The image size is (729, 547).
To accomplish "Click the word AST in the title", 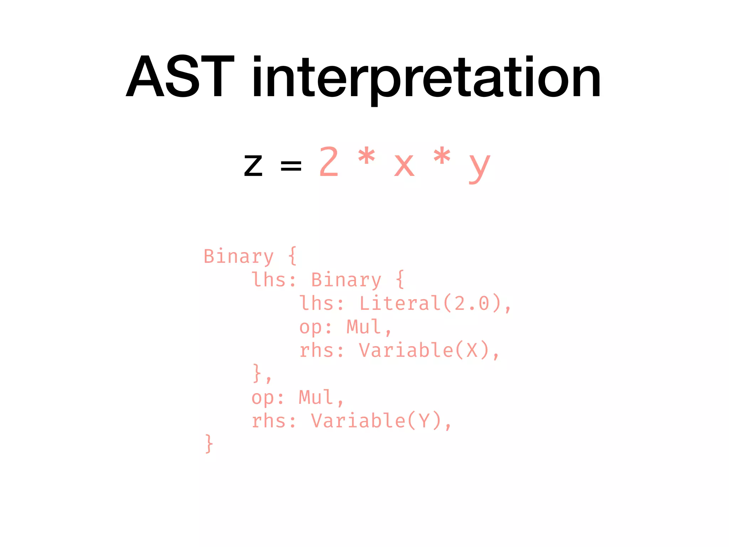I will coord(180,77).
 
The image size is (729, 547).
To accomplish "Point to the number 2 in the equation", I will coord(329,162).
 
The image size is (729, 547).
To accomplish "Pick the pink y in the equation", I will coord(479,167).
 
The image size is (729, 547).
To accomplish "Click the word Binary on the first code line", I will coord(238,256).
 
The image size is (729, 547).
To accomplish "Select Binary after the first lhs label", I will coord(346,280).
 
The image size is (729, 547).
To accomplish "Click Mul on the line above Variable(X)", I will coord(364,327).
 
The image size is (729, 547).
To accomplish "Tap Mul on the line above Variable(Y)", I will coord(316,397).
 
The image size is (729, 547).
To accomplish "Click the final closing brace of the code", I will coord(209,444).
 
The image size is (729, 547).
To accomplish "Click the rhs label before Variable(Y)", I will coord(273,421).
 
